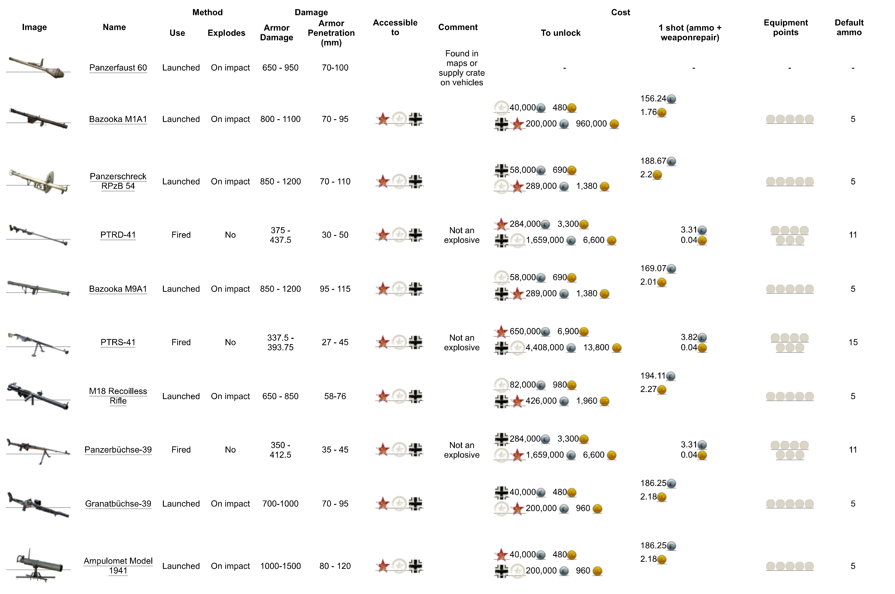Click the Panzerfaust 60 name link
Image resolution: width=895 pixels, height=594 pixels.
pos(118,68)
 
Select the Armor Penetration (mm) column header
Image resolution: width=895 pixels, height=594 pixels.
pos(331,33)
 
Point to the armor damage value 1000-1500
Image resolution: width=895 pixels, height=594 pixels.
pos(281,566)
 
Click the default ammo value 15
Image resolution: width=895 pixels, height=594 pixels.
pos(853,342)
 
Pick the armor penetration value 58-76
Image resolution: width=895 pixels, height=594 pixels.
pos(335,396)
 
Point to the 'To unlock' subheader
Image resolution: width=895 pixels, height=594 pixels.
pos(560,33)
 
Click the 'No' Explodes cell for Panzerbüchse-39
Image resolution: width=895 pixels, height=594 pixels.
pos(230,450)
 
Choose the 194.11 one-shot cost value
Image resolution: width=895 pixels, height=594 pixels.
pos(653,376)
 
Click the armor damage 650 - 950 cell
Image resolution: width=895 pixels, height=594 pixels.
pos(281,68)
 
